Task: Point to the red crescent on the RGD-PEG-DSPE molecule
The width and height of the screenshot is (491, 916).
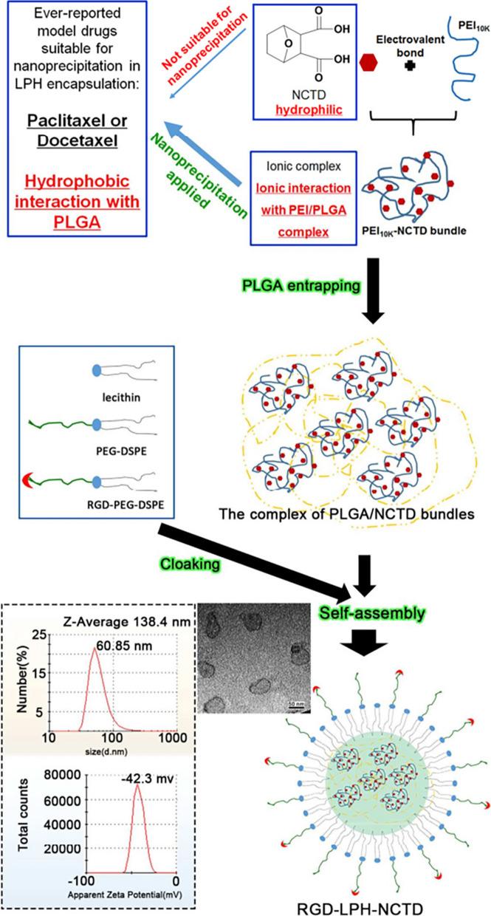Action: [28, 483]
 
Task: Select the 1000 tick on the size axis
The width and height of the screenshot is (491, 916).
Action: [171, 736]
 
